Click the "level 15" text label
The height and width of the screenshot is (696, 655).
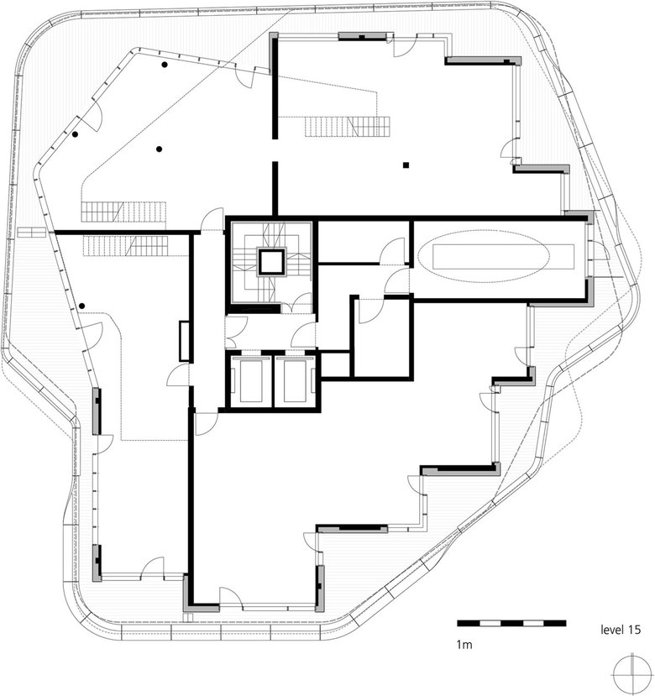(x=621, y=630)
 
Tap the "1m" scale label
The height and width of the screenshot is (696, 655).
(x=464, y=644)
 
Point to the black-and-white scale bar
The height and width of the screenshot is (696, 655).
(x=511, y=623)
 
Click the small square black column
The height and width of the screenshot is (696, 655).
(x=406, y=165)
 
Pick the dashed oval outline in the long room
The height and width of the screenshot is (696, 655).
(x=485, y=256)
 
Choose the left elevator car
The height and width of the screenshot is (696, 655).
(x=249, y=381)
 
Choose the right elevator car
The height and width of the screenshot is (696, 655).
(x=294, y=381)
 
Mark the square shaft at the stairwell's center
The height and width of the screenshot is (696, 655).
(x=271, y=263)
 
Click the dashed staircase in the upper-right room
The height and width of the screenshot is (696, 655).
(x=348, y=127)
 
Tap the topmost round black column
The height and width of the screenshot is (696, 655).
(x=165, y=65)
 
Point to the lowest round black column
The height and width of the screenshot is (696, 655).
(x=81, y=306)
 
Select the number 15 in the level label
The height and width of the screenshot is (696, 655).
(x=634, y=630)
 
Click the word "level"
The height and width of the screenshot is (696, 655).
(x=611, y=630)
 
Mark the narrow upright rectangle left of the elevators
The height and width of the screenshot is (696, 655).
(x=185, y=341)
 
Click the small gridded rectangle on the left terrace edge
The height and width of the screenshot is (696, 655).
(x=31, y=233)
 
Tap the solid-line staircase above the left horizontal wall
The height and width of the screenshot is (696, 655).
(x=123, y=212)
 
